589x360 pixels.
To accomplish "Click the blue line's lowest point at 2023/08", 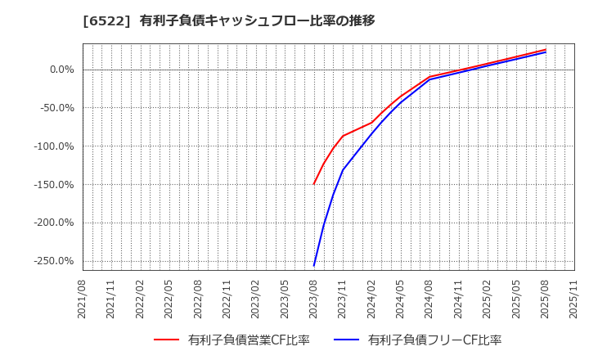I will coord(314,265).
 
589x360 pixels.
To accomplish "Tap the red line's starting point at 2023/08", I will coord(314,184).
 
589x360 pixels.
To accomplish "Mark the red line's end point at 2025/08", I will coord(546,49).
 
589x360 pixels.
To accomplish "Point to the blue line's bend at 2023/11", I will coord(343,170).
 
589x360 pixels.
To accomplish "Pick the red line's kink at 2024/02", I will coord(371,123).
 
